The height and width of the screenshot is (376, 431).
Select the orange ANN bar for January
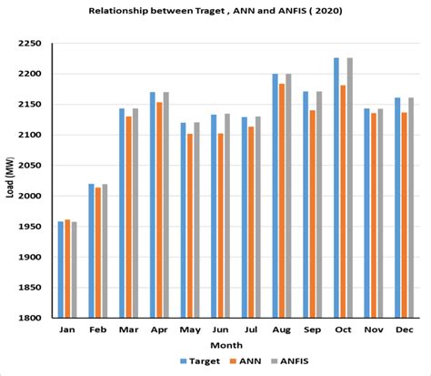(x=67, y=269)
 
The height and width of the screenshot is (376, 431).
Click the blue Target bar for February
(x=91, y=250)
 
